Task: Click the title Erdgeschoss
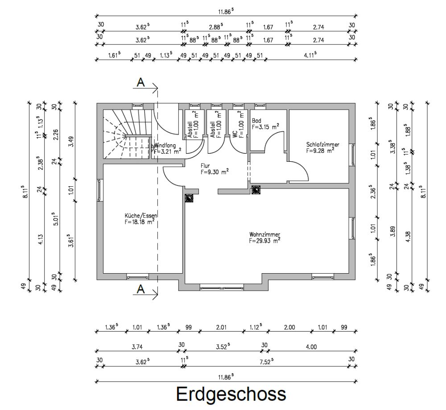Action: point(231,394)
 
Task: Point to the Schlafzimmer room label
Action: point(322,145)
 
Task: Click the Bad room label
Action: point(256,121)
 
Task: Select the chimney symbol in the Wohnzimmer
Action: point(256,190)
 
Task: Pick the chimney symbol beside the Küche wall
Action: point(189,198)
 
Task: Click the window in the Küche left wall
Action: point(99,190)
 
